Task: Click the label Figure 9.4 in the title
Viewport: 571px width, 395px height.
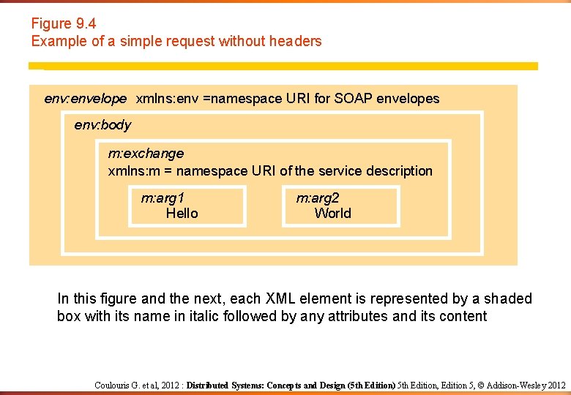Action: tap(63, 23)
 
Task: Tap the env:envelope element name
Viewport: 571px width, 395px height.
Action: tap(85, 99)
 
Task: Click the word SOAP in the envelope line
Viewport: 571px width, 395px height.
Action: tap(353, 99)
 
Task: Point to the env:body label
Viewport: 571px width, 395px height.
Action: tap(102, 125)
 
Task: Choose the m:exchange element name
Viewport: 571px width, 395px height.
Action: tap(146, 154)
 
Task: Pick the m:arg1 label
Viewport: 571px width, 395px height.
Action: tap(163, 197)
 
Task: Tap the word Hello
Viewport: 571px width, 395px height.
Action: tap(182, 214)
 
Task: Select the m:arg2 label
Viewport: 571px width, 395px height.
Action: tap(318, 197)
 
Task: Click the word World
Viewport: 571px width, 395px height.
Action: tap(332, 214)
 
